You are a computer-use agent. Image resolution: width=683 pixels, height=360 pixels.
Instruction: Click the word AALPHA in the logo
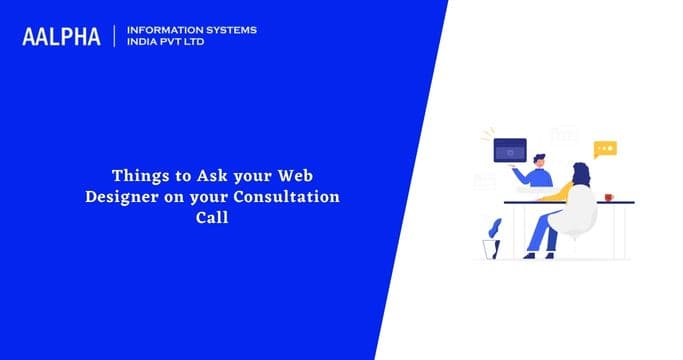(61, 37)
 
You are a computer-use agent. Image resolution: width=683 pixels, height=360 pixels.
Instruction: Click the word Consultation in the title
(293, 196)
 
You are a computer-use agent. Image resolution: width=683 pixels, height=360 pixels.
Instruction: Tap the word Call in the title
(212, 216)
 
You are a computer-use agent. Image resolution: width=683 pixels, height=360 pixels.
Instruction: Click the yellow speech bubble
(604, 149)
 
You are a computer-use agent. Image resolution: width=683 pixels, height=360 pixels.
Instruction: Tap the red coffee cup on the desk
(610, 196)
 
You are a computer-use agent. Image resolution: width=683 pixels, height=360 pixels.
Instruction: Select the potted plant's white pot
(491, 247)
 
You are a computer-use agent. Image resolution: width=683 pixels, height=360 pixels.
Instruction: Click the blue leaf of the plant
(495, 227)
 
